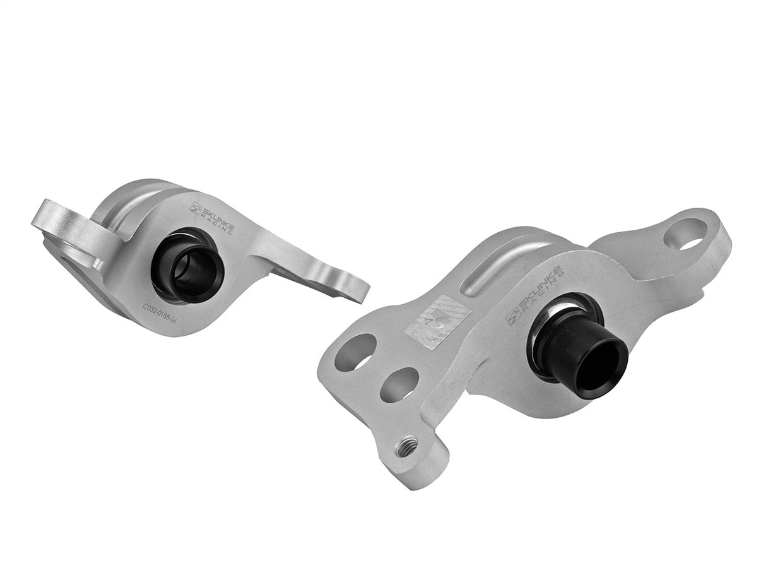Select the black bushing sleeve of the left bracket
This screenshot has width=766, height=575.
tap(188, 271)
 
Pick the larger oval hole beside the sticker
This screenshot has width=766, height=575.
tap(360, 352)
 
